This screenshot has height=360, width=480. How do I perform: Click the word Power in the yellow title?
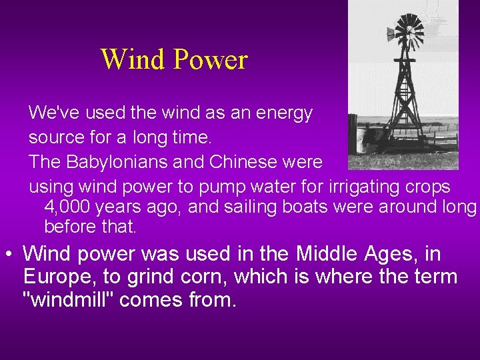point(210,60)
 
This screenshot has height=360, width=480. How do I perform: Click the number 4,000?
point(67,207)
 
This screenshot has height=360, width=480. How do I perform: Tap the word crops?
point(430,187)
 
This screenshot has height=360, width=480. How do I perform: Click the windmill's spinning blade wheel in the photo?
point(408,31)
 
